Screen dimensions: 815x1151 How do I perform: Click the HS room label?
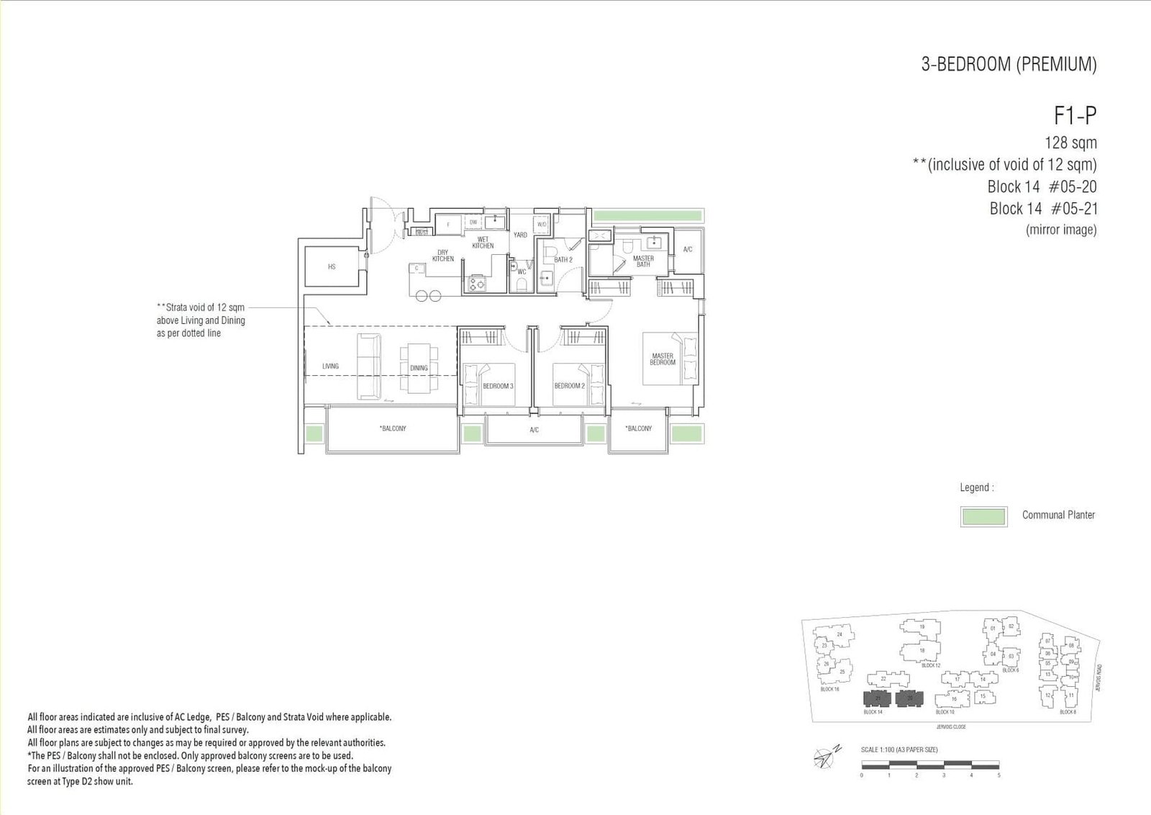[x=332, y=267]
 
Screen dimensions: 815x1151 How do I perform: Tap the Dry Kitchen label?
[x=443, y=256]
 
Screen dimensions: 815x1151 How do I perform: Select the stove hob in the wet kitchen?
[x=475, y=284]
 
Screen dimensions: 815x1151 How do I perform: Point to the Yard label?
[x=520, y=235]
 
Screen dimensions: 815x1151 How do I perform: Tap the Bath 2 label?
[x=563, y=260]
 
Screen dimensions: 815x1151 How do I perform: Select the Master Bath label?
[x=643, y=261]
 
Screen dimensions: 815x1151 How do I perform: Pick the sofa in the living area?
[x=369, y=366]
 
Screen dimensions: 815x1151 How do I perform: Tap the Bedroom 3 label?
[x=498, y=387]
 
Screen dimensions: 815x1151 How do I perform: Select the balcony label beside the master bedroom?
[x=638, y=428]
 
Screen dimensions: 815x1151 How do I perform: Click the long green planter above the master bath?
[x=647, y=215]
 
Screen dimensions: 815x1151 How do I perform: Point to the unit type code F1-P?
[x=1075, y=116]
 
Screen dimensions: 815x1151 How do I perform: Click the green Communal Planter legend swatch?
[x=983, y=516]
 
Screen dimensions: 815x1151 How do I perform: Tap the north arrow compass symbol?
[x=824, y=756]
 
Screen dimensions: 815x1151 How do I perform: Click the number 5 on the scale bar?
[x=998, y=775]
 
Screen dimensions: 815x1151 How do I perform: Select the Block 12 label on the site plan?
[x=931, y=665]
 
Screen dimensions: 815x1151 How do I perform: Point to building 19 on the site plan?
[x=922, y=627]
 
